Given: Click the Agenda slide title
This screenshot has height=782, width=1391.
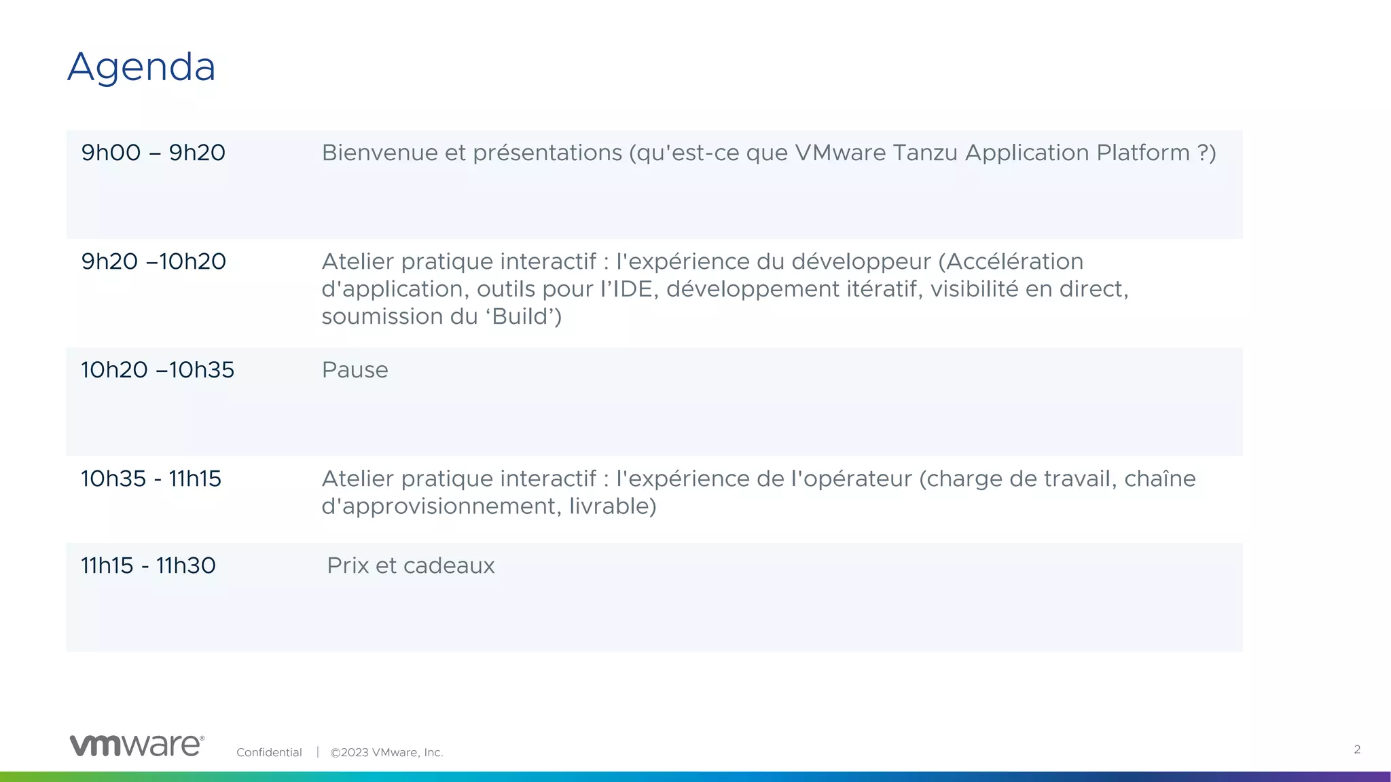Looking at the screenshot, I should pyautogui.click(x=141, y=67).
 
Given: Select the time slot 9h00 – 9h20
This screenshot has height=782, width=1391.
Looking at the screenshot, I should pyautogui.click(x=153, y=153).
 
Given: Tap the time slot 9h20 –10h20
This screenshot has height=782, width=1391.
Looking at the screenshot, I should pyautogui.click(x=153, y=261).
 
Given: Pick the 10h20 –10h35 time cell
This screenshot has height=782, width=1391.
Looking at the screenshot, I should pyautogui.click(x=158, y=370).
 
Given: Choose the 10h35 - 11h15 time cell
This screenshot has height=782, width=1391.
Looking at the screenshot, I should pyautogui.click(x=151, y=479).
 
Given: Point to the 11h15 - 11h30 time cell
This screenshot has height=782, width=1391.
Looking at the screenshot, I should pyautogui.click(x=148, y=565).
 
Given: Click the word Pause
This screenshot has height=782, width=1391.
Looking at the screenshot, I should pyautogui.click(x=355, y=370).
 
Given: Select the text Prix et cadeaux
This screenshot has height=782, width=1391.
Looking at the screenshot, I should pyautogui.click(x=410, y=565).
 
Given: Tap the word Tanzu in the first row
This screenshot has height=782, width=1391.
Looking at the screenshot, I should pyautogui.click(x=925, y=153).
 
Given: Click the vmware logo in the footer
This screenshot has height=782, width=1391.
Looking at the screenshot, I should pyautogui.click(x=137, y=745).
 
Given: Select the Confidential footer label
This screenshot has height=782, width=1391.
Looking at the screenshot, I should pyautogui.click(x=269, y=752).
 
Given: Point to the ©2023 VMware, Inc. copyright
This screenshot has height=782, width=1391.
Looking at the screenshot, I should pyautogui.click(x=386, y=752).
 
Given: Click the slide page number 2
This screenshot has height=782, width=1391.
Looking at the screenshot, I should pyautogui.click(x=1357, y=749).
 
